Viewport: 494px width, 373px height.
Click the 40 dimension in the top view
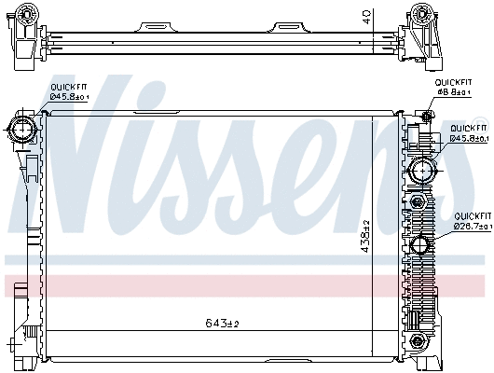368,16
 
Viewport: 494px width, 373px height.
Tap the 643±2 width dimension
223,323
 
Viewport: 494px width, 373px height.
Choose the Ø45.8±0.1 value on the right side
469,139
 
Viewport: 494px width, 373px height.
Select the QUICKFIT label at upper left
67,86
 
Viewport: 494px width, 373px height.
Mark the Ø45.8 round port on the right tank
421,171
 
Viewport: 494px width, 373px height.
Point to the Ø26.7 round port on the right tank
420,247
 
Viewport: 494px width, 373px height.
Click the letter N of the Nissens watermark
93,159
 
